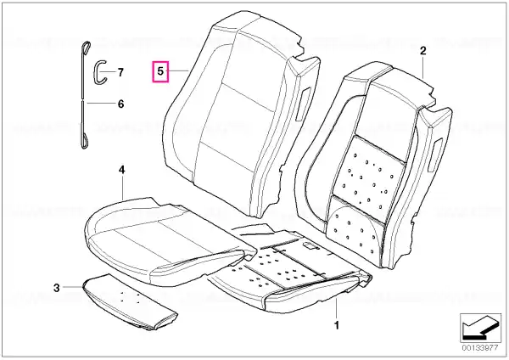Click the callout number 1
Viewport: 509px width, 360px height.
point(337,325)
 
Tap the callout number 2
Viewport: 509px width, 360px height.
point(422,51)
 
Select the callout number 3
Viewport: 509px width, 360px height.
point(57,288)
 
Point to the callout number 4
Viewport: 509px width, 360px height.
point(121,170)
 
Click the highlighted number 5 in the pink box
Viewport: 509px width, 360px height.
point(160,71)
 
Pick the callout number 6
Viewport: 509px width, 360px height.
point(120,104)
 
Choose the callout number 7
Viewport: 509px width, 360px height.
point(120,72)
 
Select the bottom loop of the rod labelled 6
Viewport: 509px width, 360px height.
point(84,141)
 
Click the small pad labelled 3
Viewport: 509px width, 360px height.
point(131,302)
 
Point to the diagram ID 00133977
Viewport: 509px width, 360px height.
point(480,347)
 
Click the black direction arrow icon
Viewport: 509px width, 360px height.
point(480,328)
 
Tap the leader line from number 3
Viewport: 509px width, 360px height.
point(73,287)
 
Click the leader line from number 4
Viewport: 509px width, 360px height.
point(121,188)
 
